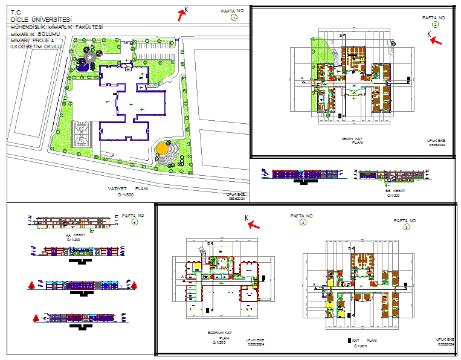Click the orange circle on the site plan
tap(162, 148)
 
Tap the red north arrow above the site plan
tap(182, 15)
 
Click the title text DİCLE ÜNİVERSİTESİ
tap(40, 19)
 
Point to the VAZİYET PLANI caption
tap(127, 188)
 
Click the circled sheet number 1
tap(234, 18)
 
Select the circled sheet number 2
tap(435, 25)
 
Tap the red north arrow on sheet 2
tap(436, 41)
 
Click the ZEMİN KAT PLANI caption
tap(352, 141)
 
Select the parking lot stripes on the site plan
tap(154, 50)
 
